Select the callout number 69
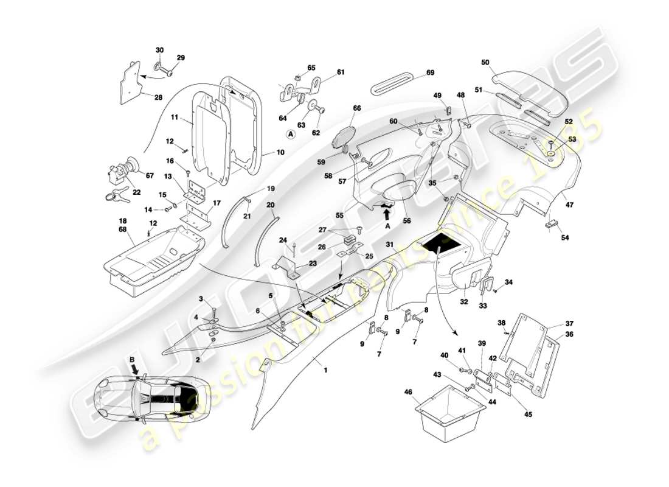(x=430, y=72)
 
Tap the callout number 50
(x=485, y=62)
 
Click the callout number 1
(x=325, y=370)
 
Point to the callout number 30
(x=160, y=49)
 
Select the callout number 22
(x=136, y=192)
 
